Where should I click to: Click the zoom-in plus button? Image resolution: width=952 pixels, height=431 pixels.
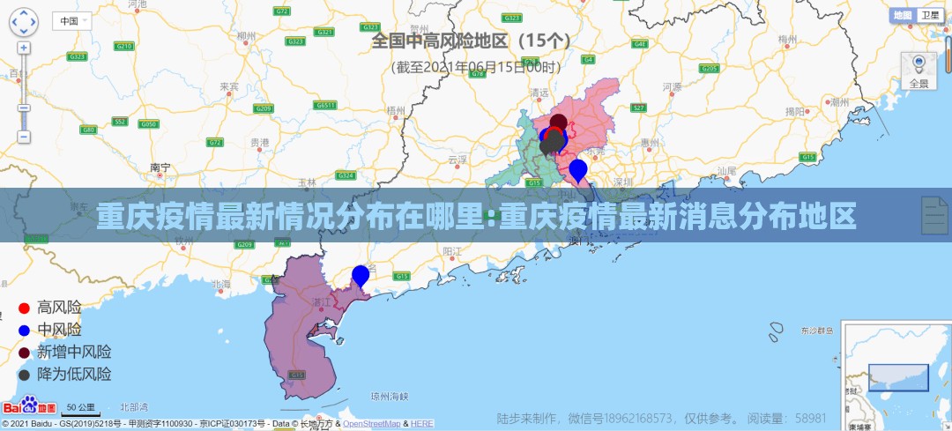pos(24,47)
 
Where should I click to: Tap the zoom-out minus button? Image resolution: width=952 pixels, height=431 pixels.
pos(24,137)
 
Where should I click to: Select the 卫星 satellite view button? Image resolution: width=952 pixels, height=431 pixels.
pos(929,15)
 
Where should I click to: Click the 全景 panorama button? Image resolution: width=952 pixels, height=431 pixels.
pos(919,71)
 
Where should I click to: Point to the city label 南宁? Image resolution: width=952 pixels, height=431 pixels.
pos(160,167)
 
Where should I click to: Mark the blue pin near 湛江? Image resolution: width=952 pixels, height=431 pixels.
pos(361,276)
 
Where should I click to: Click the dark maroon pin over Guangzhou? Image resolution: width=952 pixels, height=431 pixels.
pos(558,124)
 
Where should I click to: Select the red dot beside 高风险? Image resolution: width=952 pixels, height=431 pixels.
pos(25,308)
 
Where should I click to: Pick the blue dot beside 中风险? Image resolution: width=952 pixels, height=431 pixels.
pos(25,331)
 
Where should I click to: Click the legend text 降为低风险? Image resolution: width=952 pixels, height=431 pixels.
pos(74,375)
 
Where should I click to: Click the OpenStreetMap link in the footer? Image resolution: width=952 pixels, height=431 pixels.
pos(371,424)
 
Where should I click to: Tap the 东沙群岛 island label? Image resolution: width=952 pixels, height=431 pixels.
pos(816,331)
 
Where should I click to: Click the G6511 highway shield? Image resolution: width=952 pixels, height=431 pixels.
pos(326,105)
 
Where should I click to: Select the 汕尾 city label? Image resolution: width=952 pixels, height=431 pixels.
pos(726,170)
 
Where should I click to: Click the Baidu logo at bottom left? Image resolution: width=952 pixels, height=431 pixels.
pos(28,407)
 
